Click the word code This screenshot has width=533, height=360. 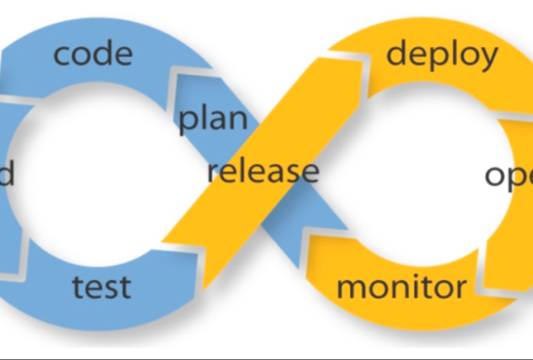tap(94, 54)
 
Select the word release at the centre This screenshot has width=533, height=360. tap(263, 172)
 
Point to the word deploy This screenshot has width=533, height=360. tap(442, 55)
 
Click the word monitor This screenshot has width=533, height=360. tap(402, 288)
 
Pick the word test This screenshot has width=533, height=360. tap(102, 287)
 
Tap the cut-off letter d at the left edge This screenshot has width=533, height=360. tap(6, 174)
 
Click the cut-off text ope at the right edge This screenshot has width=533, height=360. tap(509, 176)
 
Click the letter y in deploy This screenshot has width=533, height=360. tap(487, 58)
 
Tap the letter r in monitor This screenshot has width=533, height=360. tap(460, 289)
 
